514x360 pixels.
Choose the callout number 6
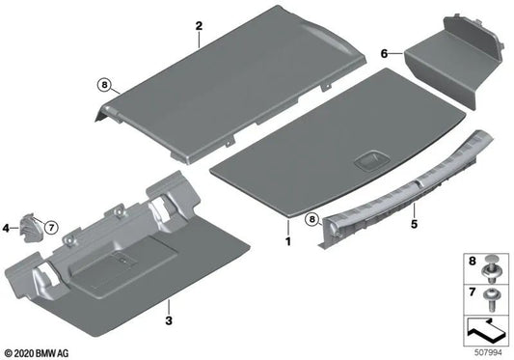[384, 54]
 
